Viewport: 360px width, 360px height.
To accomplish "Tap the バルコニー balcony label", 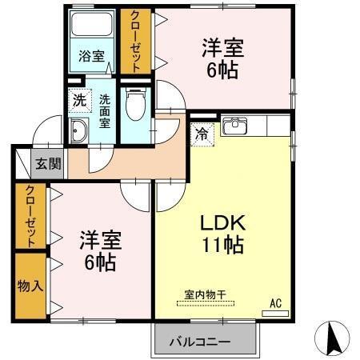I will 199,342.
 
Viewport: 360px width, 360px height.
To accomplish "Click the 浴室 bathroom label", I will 91,56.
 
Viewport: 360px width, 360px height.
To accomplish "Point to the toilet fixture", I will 134,103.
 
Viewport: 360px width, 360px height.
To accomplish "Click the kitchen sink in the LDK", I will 235,126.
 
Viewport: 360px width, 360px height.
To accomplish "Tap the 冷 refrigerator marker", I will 202,134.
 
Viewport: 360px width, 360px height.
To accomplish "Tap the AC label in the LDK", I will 275,302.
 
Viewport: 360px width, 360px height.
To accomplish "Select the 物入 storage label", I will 30,286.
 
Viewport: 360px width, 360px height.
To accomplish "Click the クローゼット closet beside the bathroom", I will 134,42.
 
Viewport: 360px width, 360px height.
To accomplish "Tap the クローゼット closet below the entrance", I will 30,217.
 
